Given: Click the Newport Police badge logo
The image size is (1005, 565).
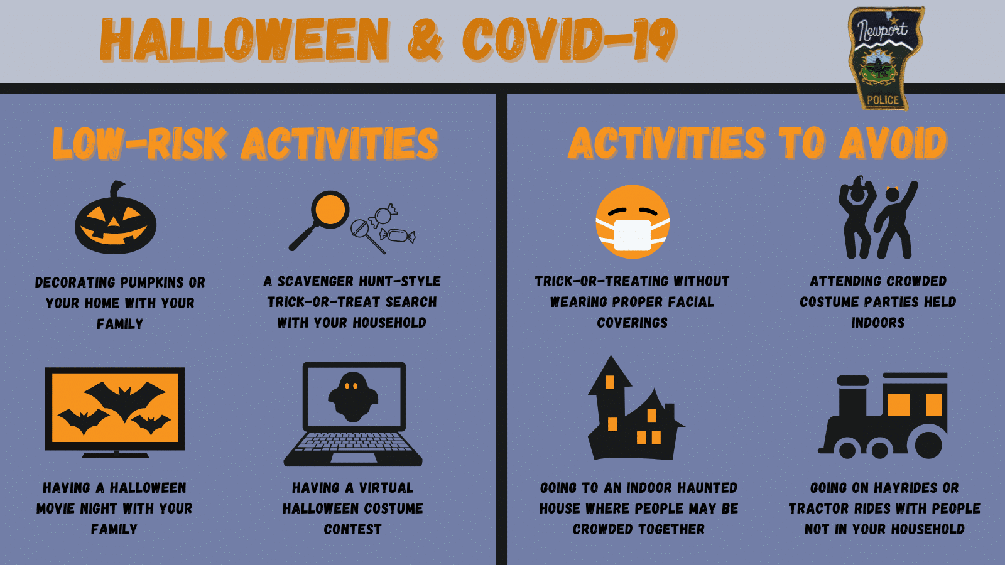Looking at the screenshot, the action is tap(885, 58).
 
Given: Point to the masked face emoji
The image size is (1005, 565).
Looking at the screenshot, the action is tap(633, 222).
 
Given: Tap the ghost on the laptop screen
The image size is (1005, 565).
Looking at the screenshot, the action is tap(353, 397).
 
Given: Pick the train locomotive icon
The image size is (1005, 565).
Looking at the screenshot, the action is tap(883, 415).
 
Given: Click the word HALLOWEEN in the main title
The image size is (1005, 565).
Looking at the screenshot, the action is tap(244, 40).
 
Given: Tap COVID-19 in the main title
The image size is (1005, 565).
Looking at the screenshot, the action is tap(569, 40).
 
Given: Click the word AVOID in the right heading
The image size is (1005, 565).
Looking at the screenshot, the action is tap(893, 143).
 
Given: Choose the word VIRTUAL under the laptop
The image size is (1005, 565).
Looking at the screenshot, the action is tap(386, 488).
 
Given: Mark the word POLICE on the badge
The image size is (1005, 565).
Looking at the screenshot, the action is tap(883, 100).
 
